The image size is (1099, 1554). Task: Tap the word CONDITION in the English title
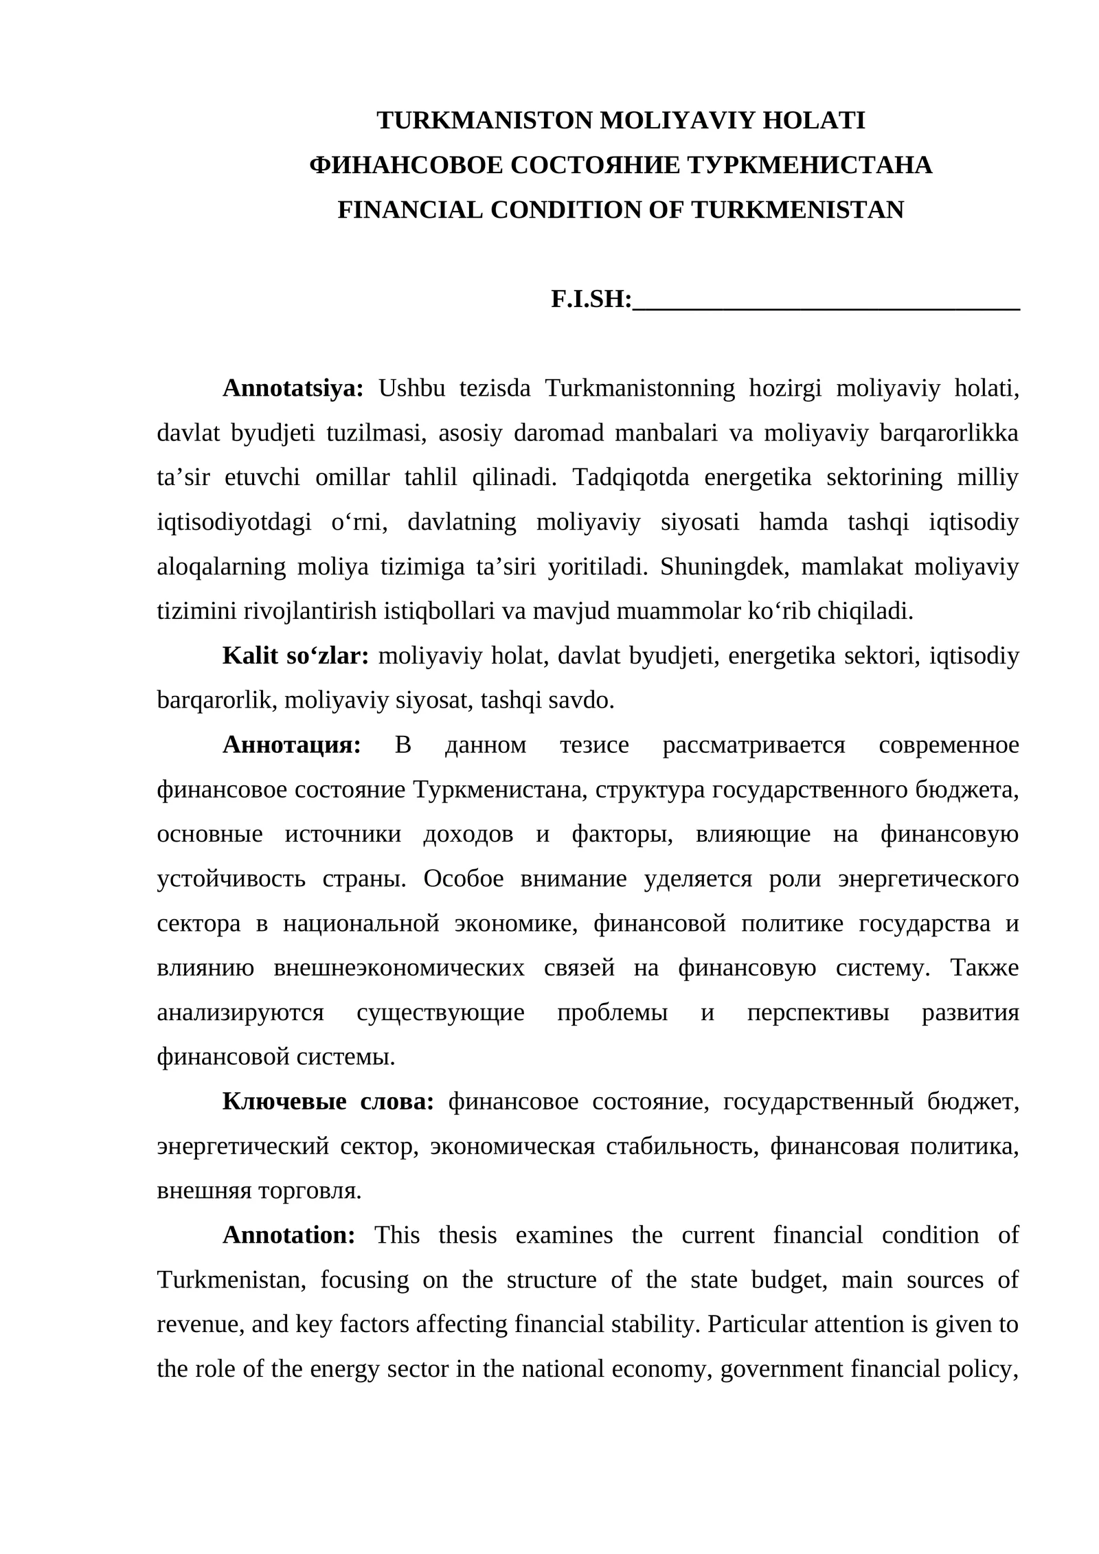click(x=566, y=210)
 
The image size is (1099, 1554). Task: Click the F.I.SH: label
click(x=591, y=300)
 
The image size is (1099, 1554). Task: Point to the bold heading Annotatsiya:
click(x=293, y=389)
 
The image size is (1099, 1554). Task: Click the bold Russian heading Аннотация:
click(x=291, y=745)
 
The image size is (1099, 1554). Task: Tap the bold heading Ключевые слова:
click(x=328, y=1102)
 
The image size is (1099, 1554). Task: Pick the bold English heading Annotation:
click(x=288, y=1235)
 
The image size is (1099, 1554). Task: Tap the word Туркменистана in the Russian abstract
click(x=500, y=790)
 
